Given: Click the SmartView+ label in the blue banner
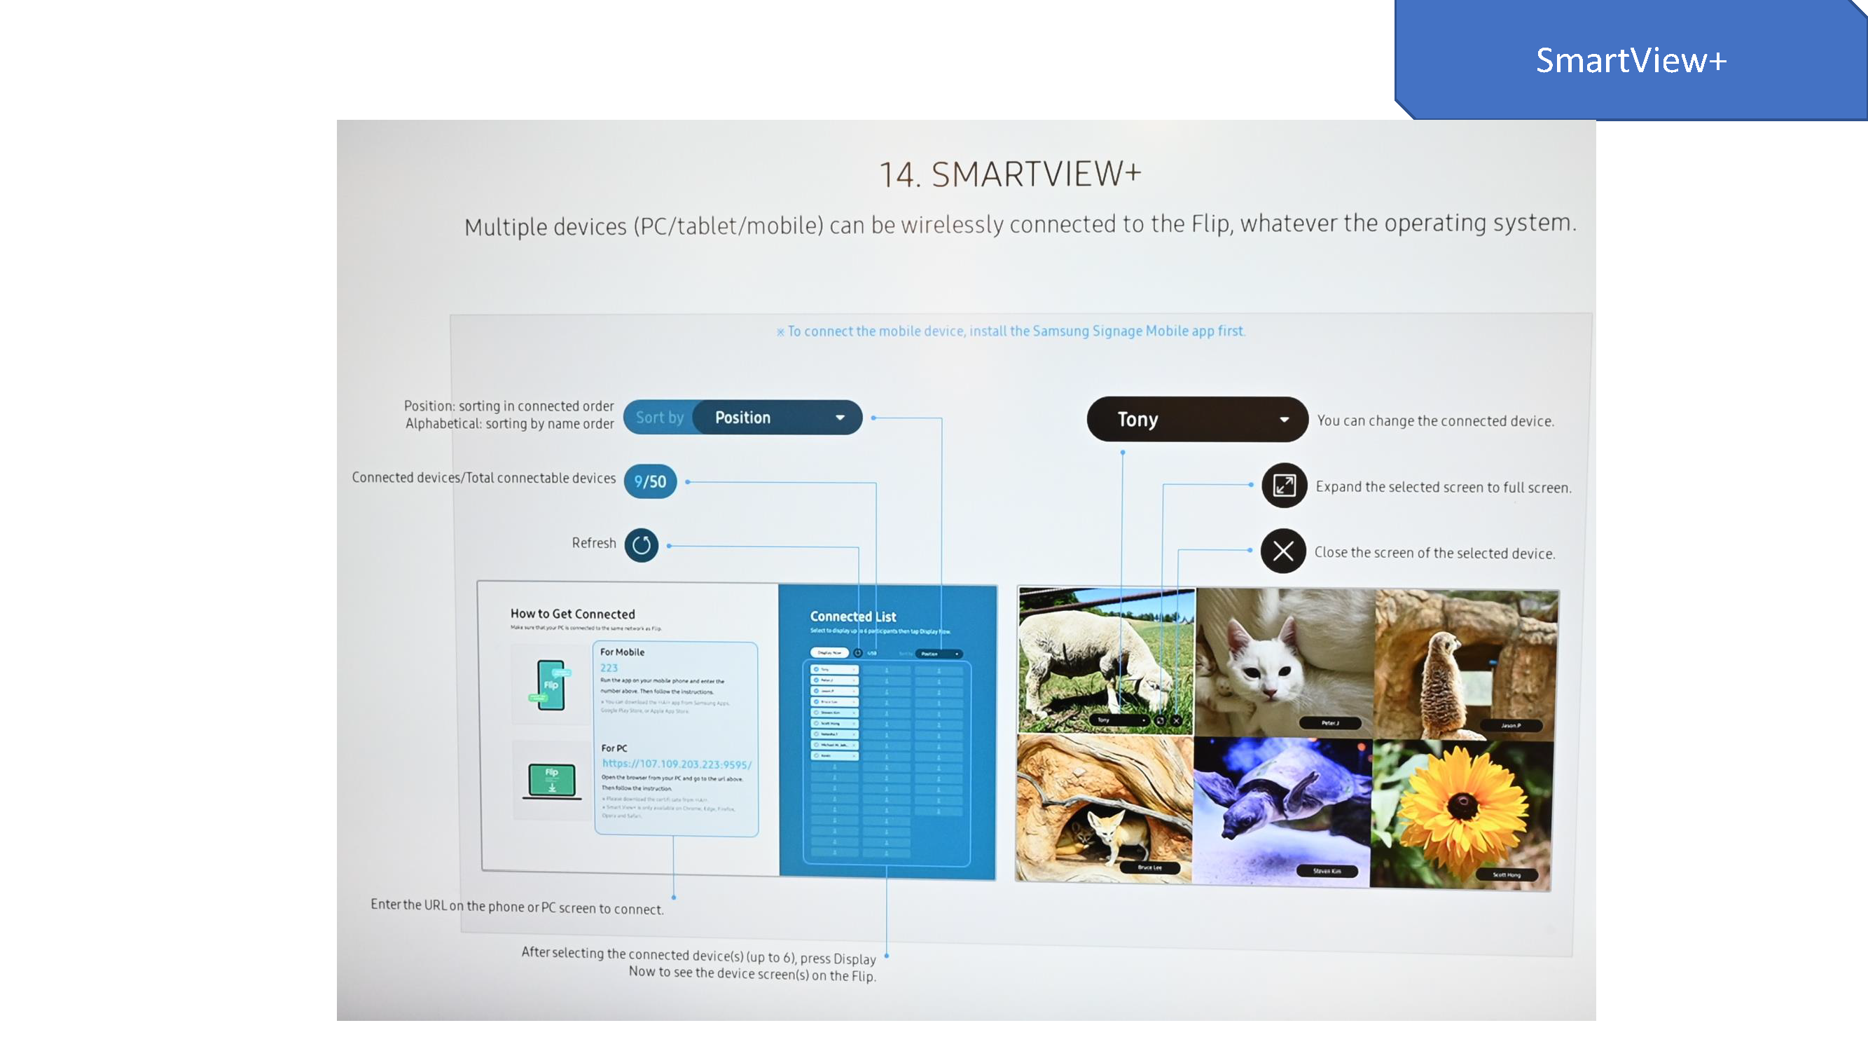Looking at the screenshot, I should (x=1630, y=60).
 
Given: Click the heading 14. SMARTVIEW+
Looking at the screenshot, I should (x=1009, y=174).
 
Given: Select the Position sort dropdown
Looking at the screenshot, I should (x=777, y=417).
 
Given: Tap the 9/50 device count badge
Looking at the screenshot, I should (x=650, y=481).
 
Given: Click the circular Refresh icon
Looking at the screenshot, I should (x=641, y=544).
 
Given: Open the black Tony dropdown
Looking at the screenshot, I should (x=1196, y=419).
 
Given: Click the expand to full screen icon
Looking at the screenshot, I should (x=1284, y=486).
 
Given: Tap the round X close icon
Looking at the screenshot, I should (x=1282, y=551).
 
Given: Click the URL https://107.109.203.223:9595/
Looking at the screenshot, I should (x=676, y=764).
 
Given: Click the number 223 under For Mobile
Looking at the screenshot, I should (x=609, y=668).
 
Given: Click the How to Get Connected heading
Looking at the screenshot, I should (x=572, y=614).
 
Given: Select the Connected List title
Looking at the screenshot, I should (x=853, y=617).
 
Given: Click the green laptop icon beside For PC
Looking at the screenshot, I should (x=552, y=781).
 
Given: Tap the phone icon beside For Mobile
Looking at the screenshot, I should (x=551, y=685).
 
